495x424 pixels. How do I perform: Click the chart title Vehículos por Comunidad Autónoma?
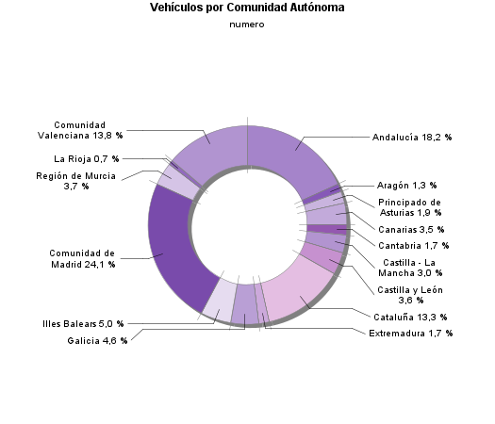pyautogui.click(x=247, y=8)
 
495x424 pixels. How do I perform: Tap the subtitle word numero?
pyautogui.click(x=247, y=24)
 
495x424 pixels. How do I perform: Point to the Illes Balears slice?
pyautogui.click(x=219, y=302)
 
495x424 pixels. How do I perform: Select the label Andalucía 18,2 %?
pyautogui.click(x=412, y=138)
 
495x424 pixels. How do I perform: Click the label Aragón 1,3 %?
pyautogui.click(x=413, y=186)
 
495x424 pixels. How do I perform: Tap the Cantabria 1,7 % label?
pyautogui.click(x=413, y=246)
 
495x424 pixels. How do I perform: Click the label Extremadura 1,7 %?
pyautogui.click(x=410, y=334)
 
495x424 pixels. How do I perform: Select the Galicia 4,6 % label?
pyautogui.click(x=97, y=340)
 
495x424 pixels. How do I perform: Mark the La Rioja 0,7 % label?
pyautogui.click(x=87, y=158)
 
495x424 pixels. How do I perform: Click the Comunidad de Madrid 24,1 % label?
pyautogui.click(x=82, y=258)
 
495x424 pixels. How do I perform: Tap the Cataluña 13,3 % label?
pyautogui.click(x=410, y=317)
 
